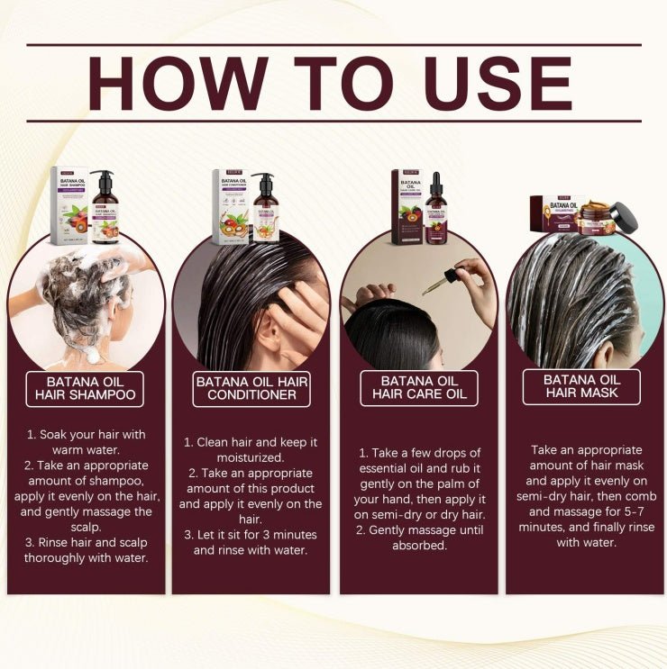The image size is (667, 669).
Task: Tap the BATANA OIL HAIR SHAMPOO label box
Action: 86,387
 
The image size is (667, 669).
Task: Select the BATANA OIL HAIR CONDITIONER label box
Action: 252,388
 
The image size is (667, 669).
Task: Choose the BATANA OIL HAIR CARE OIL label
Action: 419,387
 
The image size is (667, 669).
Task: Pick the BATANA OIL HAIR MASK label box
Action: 581,387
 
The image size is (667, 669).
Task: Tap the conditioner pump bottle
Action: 265,210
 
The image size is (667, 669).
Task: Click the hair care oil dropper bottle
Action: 435,212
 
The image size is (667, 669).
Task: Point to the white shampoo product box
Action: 69,206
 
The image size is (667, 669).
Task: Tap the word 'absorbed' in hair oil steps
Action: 420,545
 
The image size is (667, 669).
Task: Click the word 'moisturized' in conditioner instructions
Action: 252,457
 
